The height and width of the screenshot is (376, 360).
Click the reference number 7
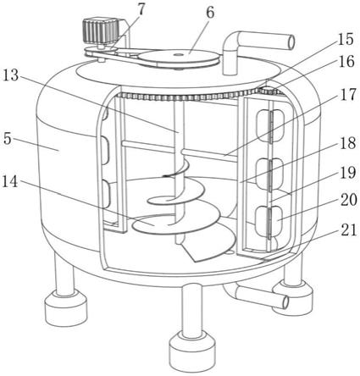141,10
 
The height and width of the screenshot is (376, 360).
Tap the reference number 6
210,14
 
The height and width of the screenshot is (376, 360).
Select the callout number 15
345,40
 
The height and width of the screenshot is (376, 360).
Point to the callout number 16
346,61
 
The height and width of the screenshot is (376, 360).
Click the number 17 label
347,94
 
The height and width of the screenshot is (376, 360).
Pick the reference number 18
347,144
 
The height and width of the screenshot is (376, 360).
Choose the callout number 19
348,173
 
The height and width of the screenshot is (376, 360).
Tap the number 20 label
348,201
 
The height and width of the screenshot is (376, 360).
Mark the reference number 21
348,230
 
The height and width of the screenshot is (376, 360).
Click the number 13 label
10,76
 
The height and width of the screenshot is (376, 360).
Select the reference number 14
10,182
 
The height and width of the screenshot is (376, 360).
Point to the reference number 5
8,140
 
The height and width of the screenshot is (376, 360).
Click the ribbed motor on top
101,30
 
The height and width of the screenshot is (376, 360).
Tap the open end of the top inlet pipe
291,42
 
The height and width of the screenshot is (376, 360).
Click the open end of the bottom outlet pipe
285,302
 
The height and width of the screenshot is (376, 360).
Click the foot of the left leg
66,309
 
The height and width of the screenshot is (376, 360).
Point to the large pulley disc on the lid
178,58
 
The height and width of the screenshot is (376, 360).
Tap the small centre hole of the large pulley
177,54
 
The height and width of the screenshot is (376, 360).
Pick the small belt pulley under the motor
101,51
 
